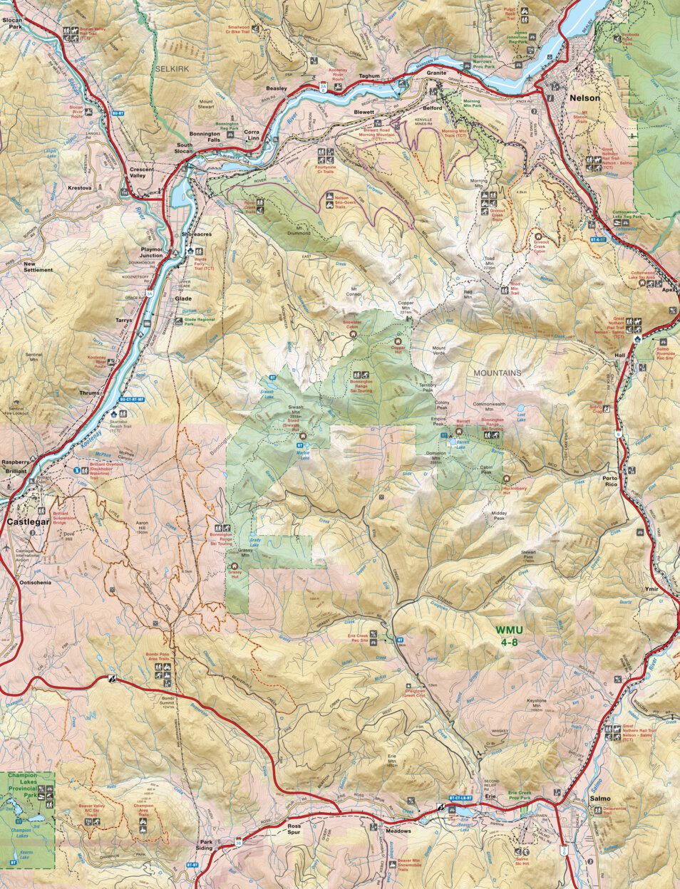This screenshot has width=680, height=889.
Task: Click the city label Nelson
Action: tap(583, 98)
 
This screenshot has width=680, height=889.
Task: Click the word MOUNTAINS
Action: tap(498, 373)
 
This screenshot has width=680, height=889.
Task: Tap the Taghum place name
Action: tap(369, 76)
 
